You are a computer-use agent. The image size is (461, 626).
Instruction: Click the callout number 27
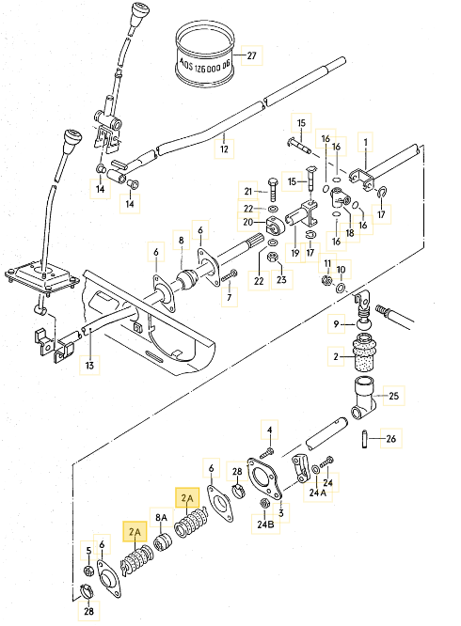(x=252, y=55)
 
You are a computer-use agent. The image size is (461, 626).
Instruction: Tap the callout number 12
(x=224, y=149)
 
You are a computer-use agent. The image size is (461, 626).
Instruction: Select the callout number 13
(x=89, y=365)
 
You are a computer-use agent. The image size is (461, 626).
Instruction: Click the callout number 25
(x=393, y=396)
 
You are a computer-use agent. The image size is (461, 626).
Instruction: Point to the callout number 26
(x=390, y=438)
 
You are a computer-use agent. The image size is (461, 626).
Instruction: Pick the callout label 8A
(x=161, y=518)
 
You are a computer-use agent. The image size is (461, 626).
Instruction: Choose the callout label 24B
(x=265, y=524)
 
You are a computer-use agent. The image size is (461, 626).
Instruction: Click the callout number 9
(x=336, y=324)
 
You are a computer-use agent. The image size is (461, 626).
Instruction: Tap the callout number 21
(x=248, y=192)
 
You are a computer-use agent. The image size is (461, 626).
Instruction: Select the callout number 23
(x=281, y=279)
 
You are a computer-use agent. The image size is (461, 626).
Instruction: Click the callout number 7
(x=230, y=297)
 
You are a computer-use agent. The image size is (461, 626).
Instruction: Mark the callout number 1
(x=366, y=142)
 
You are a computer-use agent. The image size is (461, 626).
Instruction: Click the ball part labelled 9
(x=363, y=323)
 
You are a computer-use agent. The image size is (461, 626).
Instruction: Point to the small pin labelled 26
(x=364, y=438)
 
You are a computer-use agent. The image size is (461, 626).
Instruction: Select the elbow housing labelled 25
(x=363, y=399)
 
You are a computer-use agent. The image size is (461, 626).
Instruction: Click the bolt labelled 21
(x=274, y=189)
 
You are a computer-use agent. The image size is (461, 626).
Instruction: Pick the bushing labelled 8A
(x=163, y=542)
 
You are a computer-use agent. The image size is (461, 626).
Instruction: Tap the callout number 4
(x=270, y=430)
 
